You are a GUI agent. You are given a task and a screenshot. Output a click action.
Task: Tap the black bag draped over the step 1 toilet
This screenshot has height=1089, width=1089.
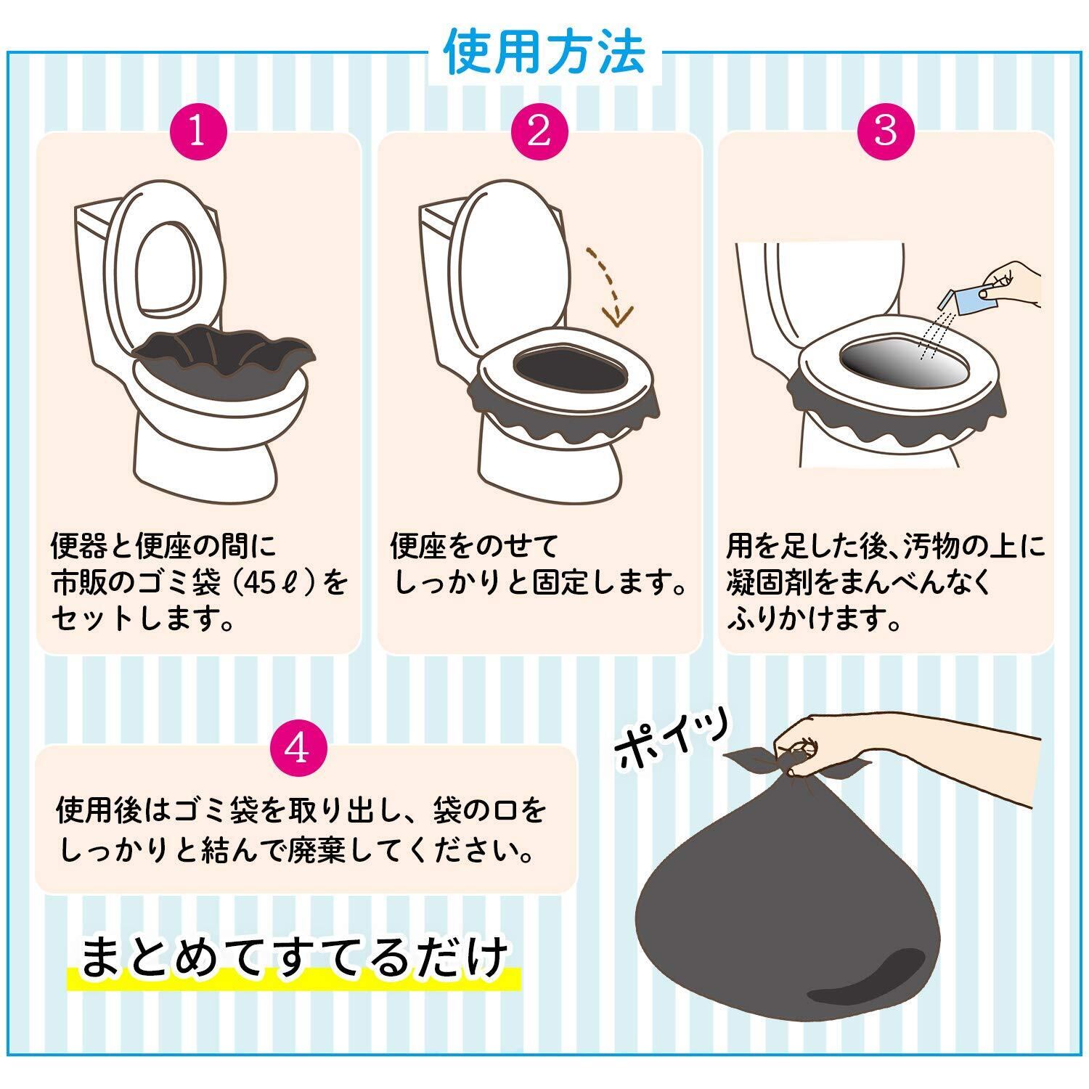click(x=224, y=359)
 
